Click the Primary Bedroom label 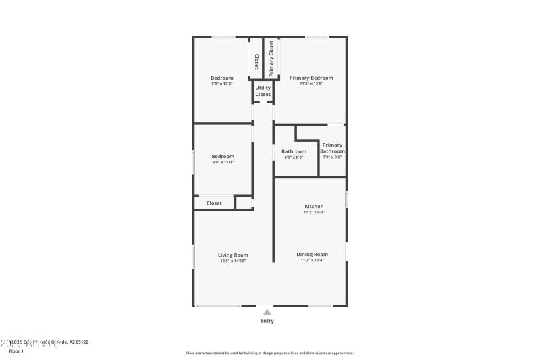click(311, 78)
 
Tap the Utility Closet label click(263, 91)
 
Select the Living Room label click(233, 255)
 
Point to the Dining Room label click(312, 254)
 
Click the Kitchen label click(314, 206)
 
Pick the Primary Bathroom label click(332, 148)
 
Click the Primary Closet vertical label click(271, 57)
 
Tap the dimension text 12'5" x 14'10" click(233, 261)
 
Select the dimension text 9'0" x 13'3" click(222, 84)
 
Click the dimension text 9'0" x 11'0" click(222, 162)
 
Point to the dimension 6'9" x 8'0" click(294, 157)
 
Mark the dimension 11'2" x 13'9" click(311, 84)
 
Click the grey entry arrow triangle click(267, 312)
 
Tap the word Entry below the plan click(267, 321)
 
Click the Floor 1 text click(16, 351)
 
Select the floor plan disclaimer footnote click(269, 353)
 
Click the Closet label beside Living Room click(214, 203)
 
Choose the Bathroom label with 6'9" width click(294, 151)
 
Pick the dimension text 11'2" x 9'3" click(314, 212)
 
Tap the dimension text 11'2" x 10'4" click(312, 260)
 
